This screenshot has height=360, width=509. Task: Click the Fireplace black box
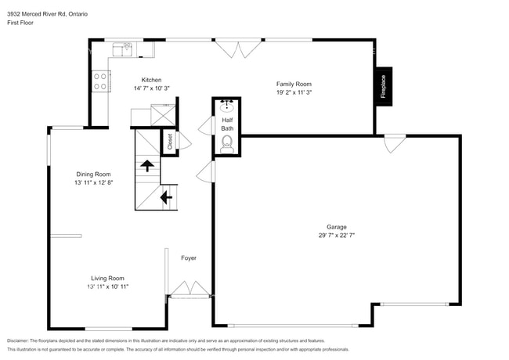(384, 85)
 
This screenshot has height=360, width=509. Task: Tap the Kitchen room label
(151, 80)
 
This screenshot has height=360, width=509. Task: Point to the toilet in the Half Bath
(227, 142)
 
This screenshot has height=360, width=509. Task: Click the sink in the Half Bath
(226, 106)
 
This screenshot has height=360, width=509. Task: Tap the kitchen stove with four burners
(101, 81)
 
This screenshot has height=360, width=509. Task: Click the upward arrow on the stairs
(146, 164)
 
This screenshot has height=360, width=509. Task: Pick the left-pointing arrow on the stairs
(166, 197)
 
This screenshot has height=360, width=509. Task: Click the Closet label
(169, 141)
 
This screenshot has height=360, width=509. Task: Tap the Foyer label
(189, 257)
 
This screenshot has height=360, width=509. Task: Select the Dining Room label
(93, 174)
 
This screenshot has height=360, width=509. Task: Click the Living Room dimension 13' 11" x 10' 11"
(107, 286)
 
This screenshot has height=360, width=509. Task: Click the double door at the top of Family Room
(237, 49)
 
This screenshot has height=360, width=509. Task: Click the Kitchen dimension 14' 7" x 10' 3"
(151, 88)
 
